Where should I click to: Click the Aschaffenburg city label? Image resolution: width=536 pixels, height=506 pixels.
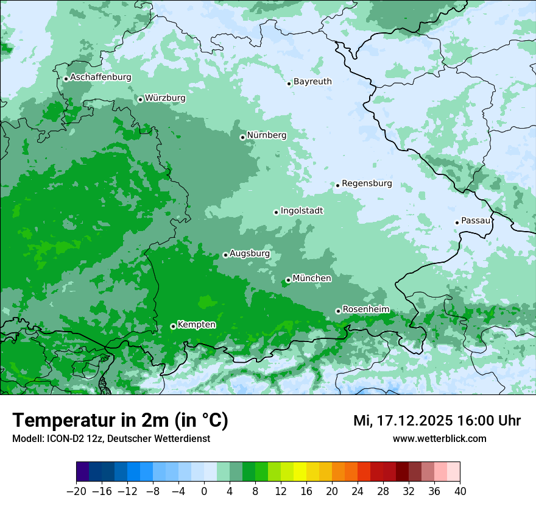[x=100, y=77]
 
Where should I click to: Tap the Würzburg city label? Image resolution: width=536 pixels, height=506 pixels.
[x=165, y=98]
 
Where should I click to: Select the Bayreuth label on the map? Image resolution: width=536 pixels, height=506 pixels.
[x=312, y=82]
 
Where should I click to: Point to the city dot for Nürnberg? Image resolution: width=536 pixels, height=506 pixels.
[x=242, y=137]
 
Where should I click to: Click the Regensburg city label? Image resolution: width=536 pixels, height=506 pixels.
[x=367, y=184]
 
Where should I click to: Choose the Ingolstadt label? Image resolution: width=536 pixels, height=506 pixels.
[x=301, y=211]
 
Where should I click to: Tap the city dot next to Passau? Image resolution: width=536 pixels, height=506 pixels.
[x=457, y=223]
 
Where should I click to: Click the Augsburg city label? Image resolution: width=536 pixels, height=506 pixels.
[x=250, y=254]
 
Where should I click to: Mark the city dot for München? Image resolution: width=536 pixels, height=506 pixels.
[x=288, y=280]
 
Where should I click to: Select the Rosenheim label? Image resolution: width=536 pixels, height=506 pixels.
[x=365, y=310]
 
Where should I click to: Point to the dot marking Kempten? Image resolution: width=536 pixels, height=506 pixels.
[x=173, y=326]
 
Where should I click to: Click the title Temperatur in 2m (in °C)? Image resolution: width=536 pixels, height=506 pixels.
[x=120, y=421]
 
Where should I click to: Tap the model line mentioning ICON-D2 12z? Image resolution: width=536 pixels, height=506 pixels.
[x=111, y=439]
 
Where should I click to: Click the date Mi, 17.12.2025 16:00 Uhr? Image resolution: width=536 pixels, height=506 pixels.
[x=437, y=421]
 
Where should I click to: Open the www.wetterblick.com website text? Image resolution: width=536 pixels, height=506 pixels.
[x=439, y=438]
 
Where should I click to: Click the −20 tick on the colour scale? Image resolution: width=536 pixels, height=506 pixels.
[x=76, y=491]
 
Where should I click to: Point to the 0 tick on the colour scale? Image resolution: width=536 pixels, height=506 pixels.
[x=204, y=491]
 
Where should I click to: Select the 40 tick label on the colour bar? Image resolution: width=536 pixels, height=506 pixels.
[x=460, y=491]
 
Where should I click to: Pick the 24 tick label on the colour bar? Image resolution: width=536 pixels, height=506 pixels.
[x=358, y=491]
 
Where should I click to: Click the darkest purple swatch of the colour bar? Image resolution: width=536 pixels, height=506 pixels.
[x=83, y=472]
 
